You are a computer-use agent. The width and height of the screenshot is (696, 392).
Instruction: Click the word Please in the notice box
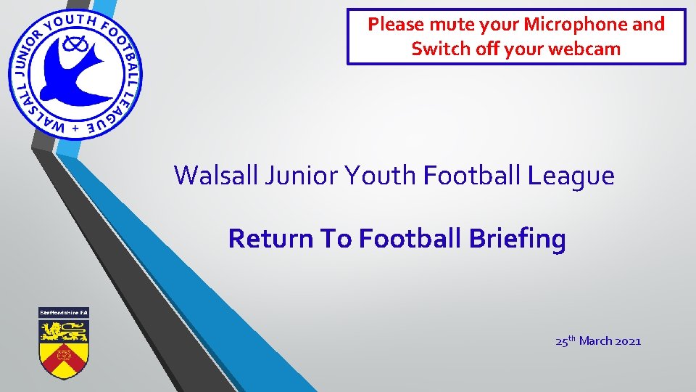(x=396, y=25)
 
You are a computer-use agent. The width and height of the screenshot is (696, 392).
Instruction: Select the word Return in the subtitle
(x=265, y=238)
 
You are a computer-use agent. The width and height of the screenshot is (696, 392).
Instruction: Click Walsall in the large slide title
(x=215, y=175)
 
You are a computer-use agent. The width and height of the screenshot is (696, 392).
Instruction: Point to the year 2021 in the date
(x=627, y=340)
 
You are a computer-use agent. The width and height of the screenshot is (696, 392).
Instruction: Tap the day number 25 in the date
(x=561, y=340)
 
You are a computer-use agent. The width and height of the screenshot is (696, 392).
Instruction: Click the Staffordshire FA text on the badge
(x=63, y=312)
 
